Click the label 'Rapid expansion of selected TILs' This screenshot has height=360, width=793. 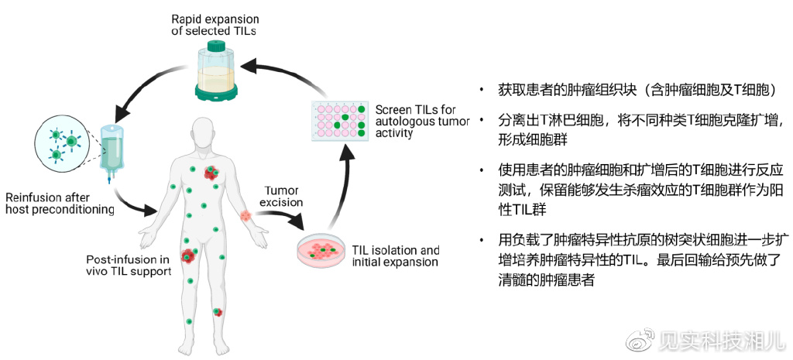click(213, 22)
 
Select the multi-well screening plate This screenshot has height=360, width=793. click(339, 121)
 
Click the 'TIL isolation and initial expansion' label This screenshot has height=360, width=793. click(396, 256)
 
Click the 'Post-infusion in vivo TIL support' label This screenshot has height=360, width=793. click(129, 265)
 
